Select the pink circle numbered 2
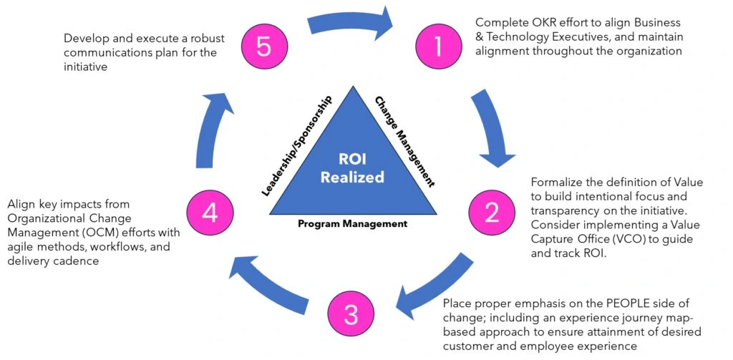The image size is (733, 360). pos(491,211)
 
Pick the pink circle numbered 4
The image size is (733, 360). pos(208,211)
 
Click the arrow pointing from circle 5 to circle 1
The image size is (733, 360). pos(351,21)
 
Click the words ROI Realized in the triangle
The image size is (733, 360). pos(351,167)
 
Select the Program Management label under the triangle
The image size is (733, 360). pos(352,224)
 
